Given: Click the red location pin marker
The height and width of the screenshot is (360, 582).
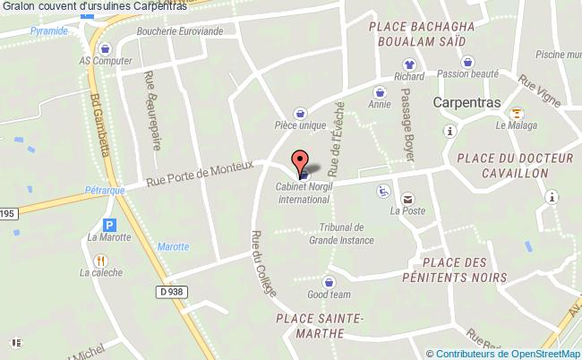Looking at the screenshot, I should pyautogui.click(x=298, y=162).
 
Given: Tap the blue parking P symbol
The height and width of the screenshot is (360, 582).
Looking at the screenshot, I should pyautogui.click(x=110, y=226).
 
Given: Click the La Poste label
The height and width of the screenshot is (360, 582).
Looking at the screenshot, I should pyautogui.click(x=407, y=212).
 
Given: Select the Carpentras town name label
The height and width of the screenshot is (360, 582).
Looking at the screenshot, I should pyautogui.click(x=466, y=102).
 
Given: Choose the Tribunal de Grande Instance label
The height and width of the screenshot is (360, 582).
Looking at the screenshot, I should pyautogui.click(x=335, y=233).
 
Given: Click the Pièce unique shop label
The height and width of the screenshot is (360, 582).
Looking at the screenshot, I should pyautogui.click(x=300, y=125).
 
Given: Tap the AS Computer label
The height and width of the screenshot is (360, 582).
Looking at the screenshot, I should pyautogui.click(x=105, y=61).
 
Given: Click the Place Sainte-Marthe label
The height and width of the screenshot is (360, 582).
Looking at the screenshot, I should pyautogui.click(x=319, y=326).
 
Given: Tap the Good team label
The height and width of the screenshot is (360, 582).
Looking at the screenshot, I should pyautogui.click(x=329, y=294).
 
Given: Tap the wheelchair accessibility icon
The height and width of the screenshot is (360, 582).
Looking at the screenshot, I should pyautogui.click(x=383, y=190).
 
